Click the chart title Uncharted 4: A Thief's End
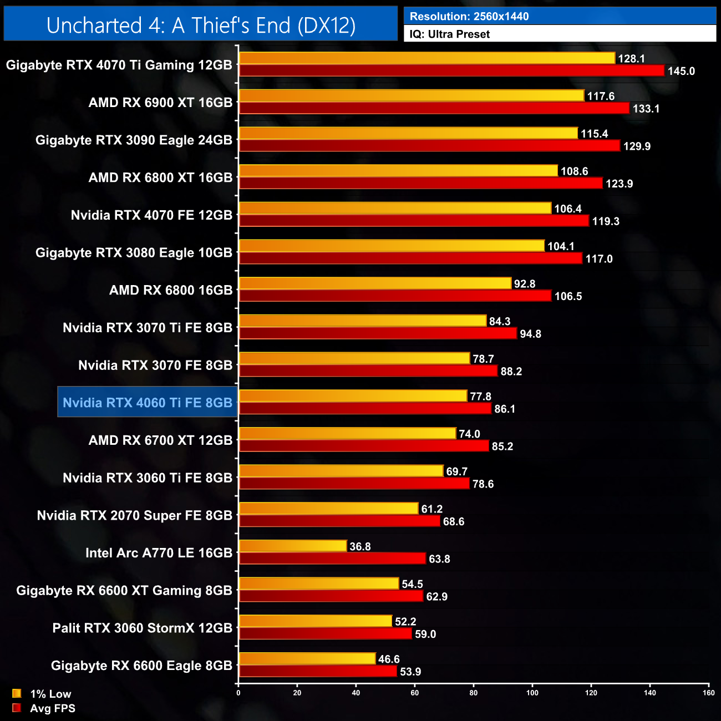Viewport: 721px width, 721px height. (201, 26)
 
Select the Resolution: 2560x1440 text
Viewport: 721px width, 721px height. (469, 17)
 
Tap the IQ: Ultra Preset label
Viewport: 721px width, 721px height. (449, 34)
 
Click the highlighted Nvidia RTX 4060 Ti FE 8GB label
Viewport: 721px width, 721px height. (148, 403)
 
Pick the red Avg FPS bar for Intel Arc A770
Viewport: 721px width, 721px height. (332, 558)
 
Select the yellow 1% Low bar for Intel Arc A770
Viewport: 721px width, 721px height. (293, 546)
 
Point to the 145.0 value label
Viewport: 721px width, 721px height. (681, 71)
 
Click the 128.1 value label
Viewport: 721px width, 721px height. (631, 59)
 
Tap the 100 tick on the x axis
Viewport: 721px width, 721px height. (532, 693)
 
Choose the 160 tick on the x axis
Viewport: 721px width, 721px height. (708, 693)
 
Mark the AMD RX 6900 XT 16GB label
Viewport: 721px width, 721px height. (160, 103)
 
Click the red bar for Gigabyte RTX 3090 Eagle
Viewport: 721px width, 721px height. (429, 146)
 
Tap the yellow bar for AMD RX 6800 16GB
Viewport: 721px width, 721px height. (375, 283)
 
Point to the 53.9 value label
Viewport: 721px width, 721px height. (410, 672)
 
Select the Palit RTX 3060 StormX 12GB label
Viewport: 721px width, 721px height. (142, 628)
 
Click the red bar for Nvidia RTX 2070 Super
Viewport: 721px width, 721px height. (339, 521)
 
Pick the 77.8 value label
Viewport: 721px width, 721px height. (480, 397)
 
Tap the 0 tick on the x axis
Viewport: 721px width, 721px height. (238, 693)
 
